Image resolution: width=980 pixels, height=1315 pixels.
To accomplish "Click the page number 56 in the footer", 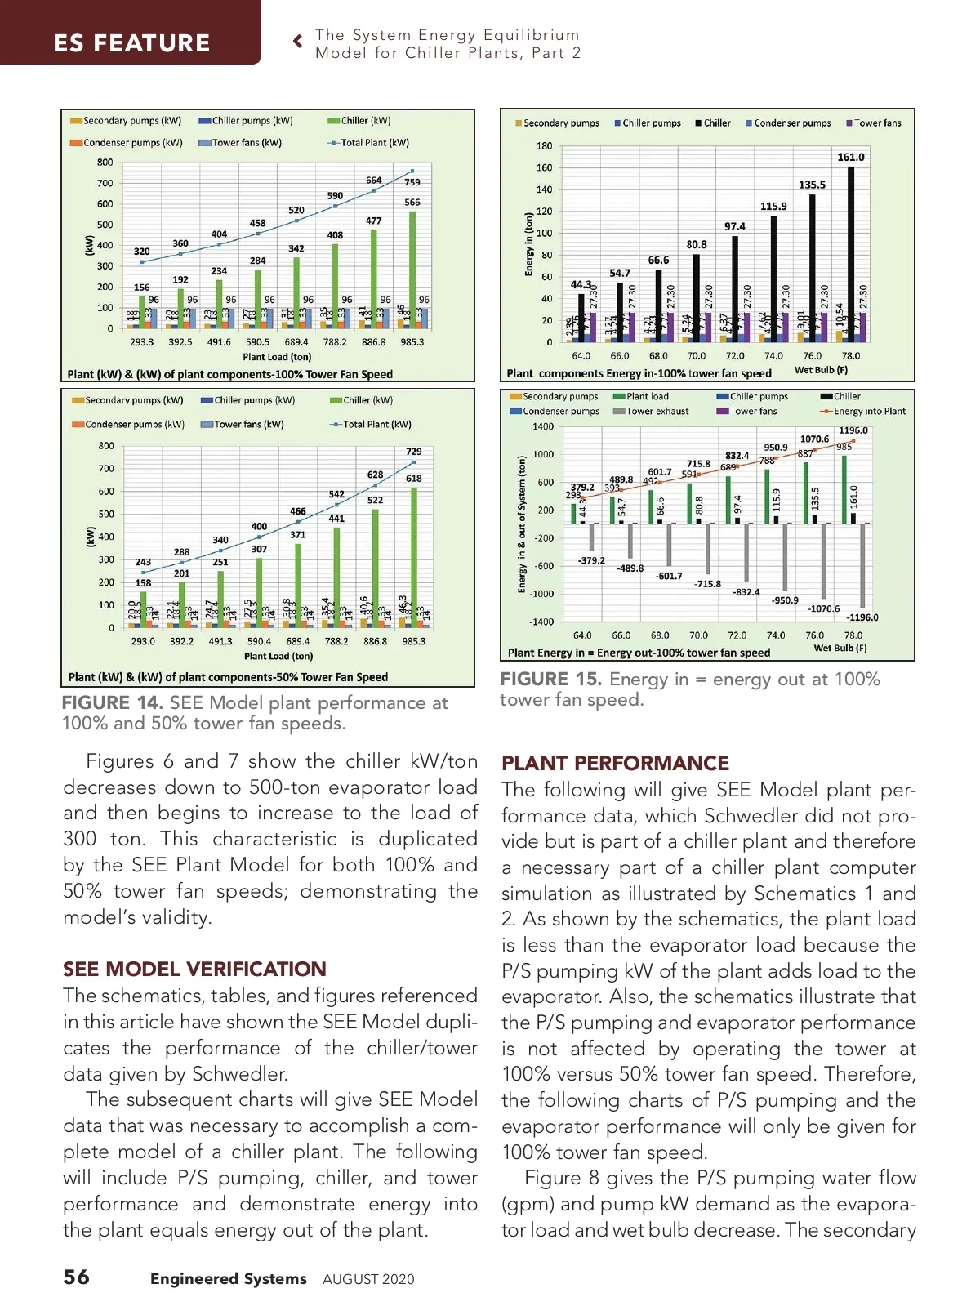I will (77, 1277).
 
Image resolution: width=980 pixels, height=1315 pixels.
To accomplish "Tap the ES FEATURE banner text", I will (131, 42).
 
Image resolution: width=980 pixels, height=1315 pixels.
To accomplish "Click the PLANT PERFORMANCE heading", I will (615, 763).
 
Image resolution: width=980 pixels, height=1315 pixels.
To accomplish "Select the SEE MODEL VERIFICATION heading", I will (194, 969).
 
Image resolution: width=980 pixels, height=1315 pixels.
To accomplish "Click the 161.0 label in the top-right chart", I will (850, 157).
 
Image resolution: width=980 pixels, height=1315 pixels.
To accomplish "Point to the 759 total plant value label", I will (412, 182).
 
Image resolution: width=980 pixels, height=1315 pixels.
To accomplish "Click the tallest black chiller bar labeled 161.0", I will (851, 245).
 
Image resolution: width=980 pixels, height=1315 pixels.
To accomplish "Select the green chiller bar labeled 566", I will (412, 270).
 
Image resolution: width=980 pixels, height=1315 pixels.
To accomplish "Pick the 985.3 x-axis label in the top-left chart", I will (412, 342).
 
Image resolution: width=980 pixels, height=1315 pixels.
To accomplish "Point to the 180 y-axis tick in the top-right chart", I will (544, 146).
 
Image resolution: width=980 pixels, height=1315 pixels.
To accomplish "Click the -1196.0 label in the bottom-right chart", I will (862, 617).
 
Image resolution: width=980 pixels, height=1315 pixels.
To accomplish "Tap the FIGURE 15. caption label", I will (550, 680).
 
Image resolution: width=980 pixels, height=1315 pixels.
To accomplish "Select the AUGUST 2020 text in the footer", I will (368, 1279).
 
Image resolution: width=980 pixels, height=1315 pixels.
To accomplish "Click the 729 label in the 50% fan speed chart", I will (414, 452).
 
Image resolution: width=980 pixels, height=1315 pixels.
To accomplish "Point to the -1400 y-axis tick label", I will (541, 622).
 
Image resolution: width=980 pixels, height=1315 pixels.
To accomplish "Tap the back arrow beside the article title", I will (298, 41).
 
